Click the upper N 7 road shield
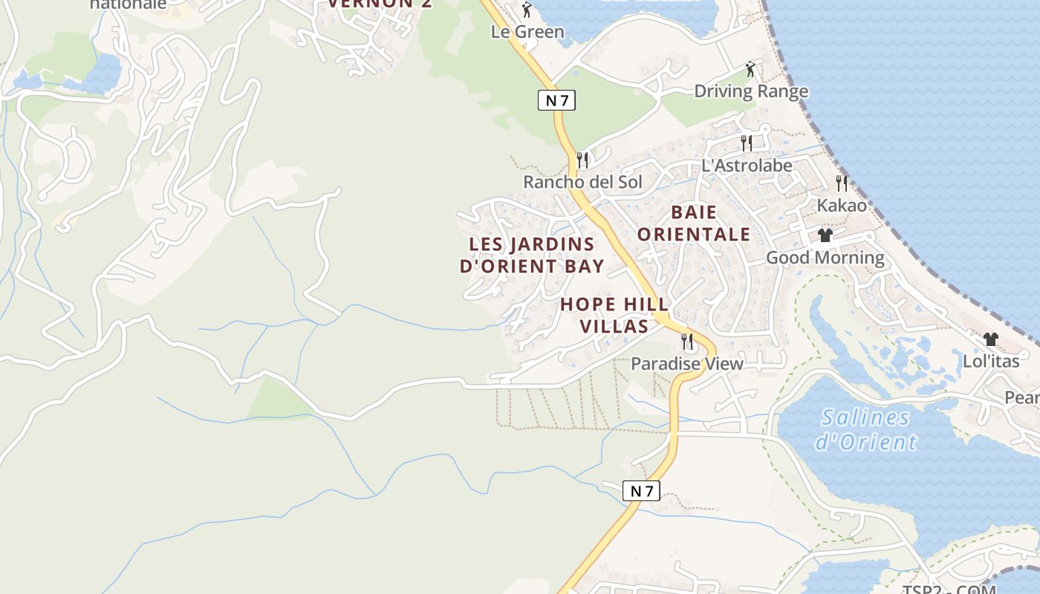[x=556, y=99]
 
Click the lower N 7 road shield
[x=641, y=490]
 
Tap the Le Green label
[x=527, y=32]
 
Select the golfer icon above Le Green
[x=527, y=10]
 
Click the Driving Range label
[x=750, y=91]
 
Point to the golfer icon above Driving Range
[x=750, y=70]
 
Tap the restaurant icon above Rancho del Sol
[x=582, y=160]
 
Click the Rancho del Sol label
[x=582, y=182]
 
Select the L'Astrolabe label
[x=747, y=166]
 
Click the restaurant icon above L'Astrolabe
[x=747, y=143]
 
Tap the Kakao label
[x=842, y=205]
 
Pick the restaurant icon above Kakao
[x=842, y=183]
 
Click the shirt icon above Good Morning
[x=825, y=235]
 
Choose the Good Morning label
[x=825, y=258]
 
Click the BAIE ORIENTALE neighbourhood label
[x=694, y=223]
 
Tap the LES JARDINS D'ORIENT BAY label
[x=532, y=255]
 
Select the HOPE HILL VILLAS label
[x=614, y=315]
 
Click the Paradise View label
[x=686, y=364]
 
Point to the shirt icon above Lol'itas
[x=990, y=339]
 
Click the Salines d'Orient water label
[x=865, y=430]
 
